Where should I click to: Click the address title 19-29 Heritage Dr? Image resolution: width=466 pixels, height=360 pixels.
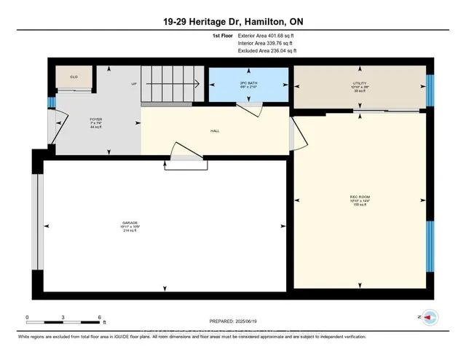(232, 22)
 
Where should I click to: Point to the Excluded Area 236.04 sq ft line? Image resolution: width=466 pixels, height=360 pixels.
(268, 51)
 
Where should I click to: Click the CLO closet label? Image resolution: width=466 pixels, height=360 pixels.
(74, 77)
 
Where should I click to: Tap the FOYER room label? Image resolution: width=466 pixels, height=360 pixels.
(95, 118)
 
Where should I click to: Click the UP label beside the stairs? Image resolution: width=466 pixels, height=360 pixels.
(134, 85)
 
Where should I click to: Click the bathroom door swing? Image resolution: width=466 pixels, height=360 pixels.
(251, 109)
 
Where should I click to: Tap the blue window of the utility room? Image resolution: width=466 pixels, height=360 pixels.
(430, 86)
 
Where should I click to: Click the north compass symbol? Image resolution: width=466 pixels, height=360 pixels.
(430, 318)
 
